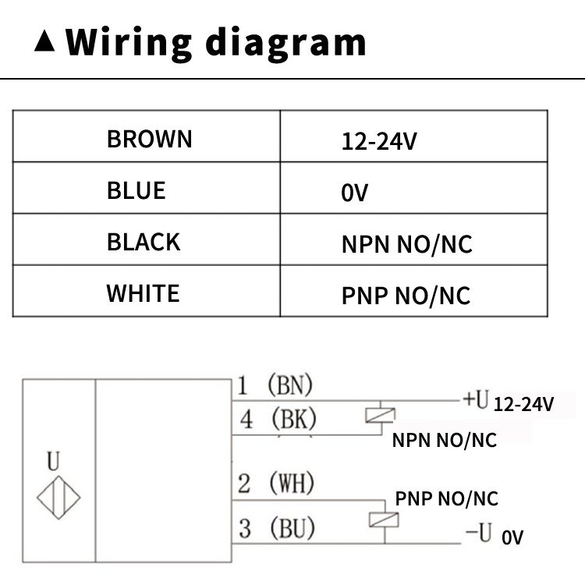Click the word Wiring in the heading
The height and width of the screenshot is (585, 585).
point(128,43)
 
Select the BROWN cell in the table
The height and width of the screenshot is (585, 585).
point(149,139)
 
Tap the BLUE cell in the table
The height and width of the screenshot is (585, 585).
point(136,190)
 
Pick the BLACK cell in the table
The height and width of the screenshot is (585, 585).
point(144,242)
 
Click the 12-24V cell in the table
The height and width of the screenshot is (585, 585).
point(380,141)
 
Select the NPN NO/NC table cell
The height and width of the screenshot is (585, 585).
point(406,244)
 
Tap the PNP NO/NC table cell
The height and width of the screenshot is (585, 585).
point(406,296)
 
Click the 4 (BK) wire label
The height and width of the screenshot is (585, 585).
point(278,420)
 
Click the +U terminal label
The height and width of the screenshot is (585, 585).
point(475,400)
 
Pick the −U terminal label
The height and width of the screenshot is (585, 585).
point(477,534)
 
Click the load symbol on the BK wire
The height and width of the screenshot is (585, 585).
point(380,417)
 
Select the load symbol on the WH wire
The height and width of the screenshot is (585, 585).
point(380,518)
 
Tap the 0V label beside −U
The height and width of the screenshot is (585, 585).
point(512,537)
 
